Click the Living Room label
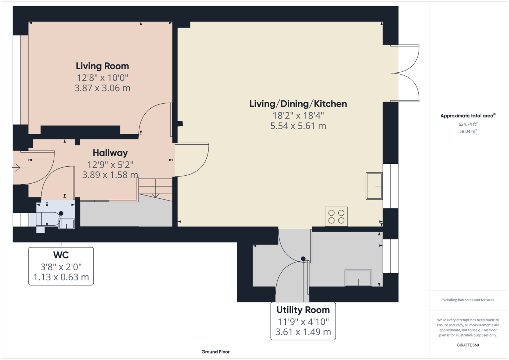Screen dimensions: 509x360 point(102,66)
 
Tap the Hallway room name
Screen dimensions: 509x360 point(110,153)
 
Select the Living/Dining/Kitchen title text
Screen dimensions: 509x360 point(298,104)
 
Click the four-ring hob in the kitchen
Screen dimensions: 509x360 point(336,216)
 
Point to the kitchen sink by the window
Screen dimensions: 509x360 point(374,186)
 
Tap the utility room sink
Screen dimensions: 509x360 point(358,278)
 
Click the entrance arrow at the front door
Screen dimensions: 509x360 point(16,168)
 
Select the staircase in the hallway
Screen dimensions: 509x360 point(155,190)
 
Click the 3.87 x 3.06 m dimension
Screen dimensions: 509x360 point(102,88)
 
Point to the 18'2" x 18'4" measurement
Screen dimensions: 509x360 point(298,116)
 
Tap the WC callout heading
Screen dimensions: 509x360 point(61,255)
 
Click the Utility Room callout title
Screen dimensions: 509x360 point(303,310)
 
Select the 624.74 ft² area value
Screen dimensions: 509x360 point(468,124)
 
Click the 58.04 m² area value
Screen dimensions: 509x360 point(468,131)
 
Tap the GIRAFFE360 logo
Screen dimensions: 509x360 point(468,345)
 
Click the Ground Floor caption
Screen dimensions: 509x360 point(215,352)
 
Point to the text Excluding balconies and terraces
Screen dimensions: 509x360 point(468,300)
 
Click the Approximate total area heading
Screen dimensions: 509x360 point(468,116)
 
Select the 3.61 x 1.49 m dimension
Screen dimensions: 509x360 point(303,332)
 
